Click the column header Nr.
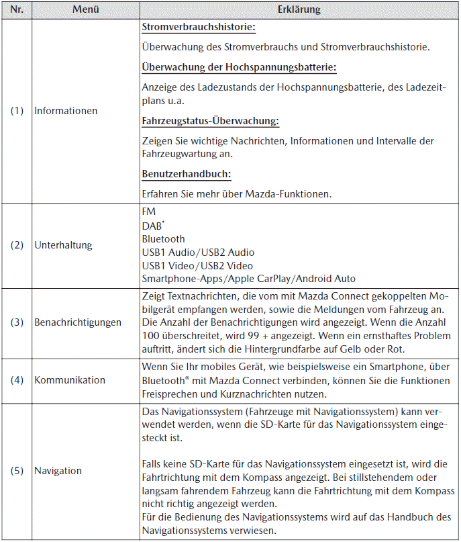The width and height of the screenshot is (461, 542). point(17,10)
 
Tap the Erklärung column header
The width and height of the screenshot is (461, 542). point(299,10)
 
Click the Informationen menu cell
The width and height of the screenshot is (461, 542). point(66,111)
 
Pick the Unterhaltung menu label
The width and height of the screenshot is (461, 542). point(63,245)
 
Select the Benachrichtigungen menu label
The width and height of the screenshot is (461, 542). point(78,322)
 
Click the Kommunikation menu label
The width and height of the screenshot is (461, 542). point(70,380)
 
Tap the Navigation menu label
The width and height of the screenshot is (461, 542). point(58,471)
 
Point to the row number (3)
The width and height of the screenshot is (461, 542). point(17,322)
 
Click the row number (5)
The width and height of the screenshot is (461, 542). point(17,471)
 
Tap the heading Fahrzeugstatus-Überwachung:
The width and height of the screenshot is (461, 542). point(211,121)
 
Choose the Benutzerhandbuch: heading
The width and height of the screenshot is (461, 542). point(187,174)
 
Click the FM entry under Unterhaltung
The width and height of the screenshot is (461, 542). point(148,212)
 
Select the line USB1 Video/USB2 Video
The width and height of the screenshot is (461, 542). point(197,265)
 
